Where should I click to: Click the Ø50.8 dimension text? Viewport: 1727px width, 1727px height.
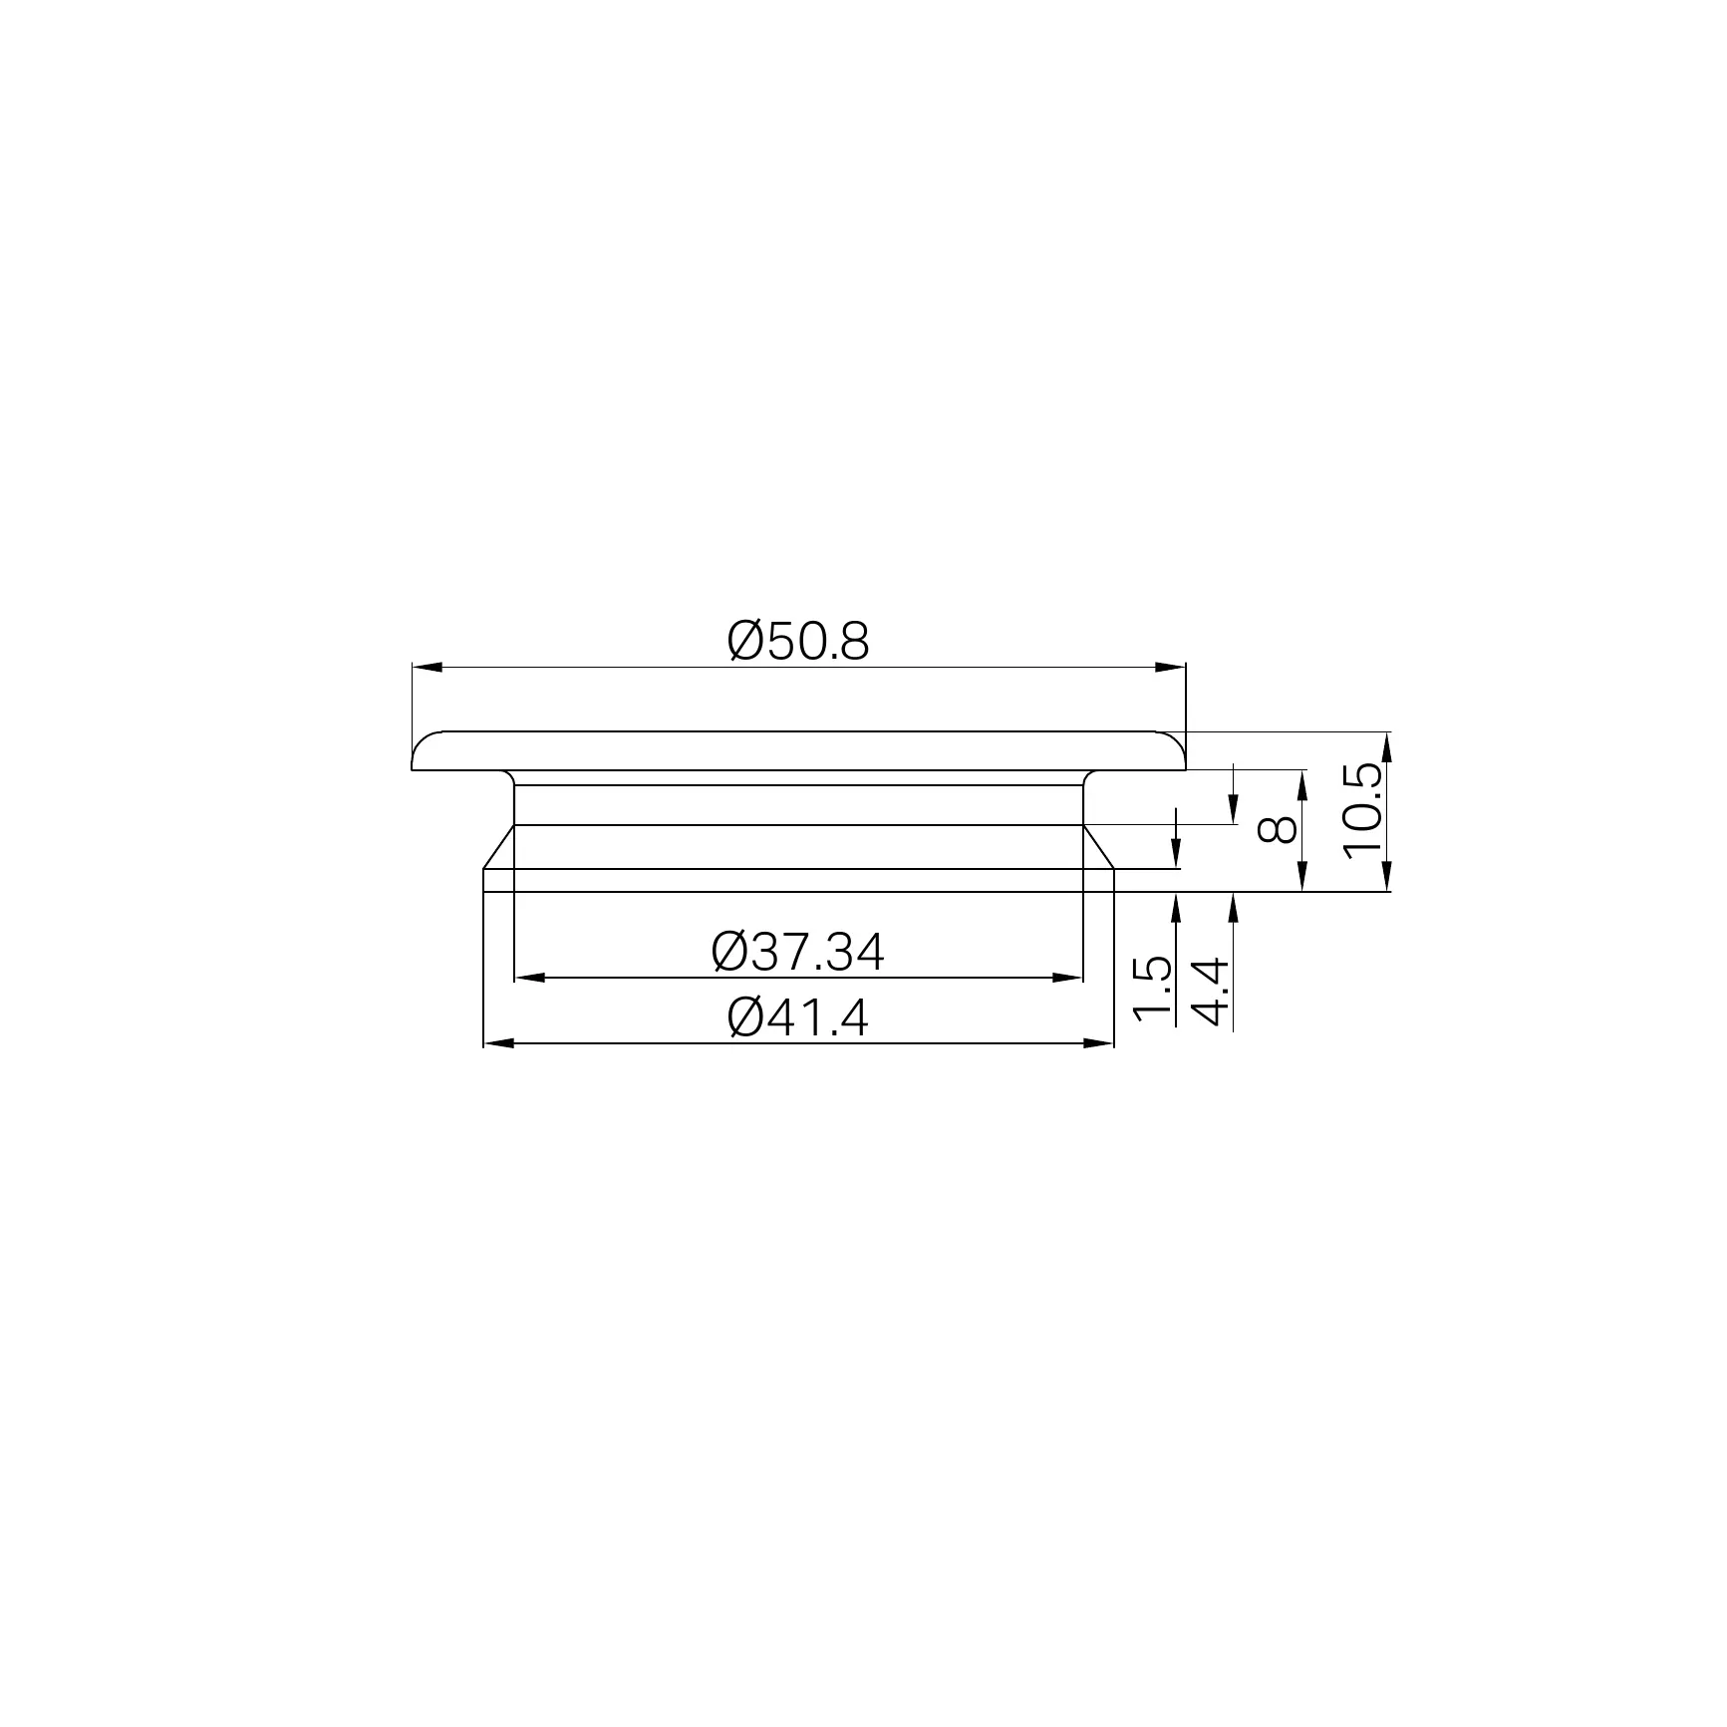pos(798,642)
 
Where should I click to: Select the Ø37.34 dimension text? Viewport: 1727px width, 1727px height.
pos(797,953)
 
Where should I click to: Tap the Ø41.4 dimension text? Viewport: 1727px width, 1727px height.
pos(798,1018)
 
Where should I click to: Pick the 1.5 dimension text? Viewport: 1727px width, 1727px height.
pos(1151,990)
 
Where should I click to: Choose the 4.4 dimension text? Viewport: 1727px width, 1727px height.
pos(1210,993)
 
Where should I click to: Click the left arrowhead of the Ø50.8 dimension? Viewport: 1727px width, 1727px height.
pos(427,667)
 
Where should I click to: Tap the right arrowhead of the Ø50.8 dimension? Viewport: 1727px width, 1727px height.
pos(1171,667)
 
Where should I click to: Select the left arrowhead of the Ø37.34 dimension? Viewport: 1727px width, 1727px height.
pos(529,978)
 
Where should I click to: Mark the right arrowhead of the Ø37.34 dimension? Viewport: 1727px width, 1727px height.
pos(1067,978)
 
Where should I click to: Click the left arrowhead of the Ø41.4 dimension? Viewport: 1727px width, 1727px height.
pos(498,1043)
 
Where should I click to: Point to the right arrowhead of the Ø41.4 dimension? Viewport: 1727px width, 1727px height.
pos(1097,1043)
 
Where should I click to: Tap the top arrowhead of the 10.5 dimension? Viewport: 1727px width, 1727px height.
pos(1386,746)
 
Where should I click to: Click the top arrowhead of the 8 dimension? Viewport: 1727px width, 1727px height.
pos(1302,783)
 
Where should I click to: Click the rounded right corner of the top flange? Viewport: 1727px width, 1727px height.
pos(1177,741)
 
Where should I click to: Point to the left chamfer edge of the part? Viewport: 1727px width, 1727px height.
pos(498,847)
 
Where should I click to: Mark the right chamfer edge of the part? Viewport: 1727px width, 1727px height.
pos(1098,847)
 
